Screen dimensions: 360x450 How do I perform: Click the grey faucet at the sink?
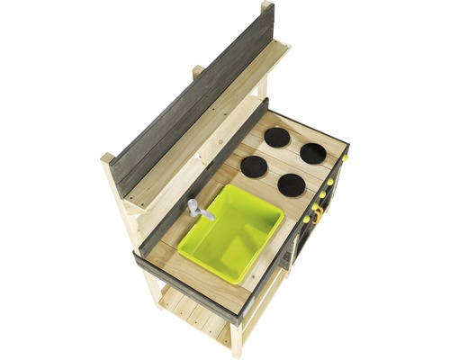[x=200, y=211]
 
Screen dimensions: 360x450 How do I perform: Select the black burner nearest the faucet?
[x=254, y=166]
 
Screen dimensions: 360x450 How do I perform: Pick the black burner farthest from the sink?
[x=312, y=153]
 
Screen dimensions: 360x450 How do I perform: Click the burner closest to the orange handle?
[x=291, y=184]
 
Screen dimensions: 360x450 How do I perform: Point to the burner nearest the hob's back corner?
[x=277, y=137]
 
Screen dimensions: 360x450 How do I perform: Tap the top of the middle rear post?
[x=198, y=69]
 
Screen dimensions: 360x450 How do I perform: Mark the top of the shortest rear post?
[x=108, y=157]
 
